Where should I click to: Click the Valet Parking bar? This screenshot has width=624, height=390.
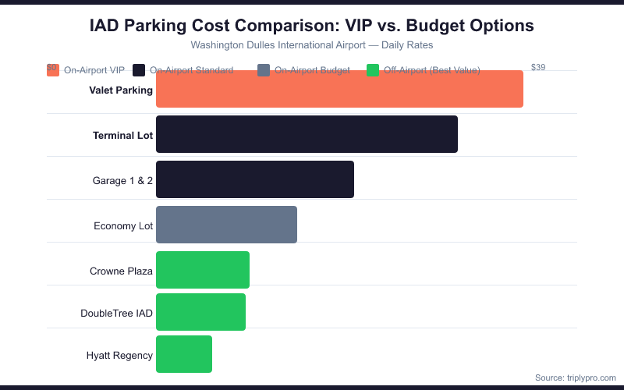click(339, 89)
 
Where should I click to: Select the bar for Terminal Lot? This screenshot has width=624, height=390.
click(307, 134)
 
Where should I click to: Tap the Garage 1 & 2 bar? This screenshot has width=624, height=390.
click(255, 179)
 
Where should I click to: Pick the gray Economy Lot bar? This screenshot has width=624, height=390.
click(226, 225)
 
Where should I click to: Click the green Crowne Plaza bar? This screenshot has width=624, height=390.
click(203, 270)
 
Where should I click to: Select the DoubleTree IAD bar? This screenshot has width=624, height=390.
click(200, 312)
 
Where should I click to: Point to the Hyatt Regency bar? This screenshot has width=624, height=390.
click(184, 354)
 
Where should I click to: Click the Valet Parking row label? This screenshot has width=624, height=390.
click(121, 90)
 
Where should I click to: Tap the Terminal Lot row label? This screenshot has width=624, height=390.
click(122, 136)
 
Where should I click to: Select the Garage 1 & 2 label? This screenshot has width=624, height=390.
click(122, 181)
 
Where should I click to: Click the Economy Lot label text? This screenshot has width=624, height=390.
click(123, 226)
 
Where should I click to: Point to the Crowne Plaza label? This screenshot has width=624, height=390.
click(121, 271)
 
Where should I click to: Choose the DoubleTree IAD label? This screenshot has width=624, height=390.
click(116, 314)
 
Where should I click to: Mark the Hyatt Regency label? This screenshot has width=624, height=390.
click(119, 356)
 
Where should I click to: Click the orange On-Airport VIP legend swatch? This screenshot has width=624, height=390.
click(53, 70)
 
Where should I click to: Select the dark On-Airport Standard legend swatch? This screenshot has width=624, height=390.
click(140, 70)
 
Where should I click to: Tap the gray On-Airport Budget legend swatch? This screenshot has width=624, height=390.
click(264, 70)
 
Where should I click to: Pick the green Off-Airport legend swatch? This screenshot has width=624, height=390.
click(373, 70)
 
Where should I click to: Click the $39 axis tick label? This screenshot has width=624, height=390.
click(538, 68)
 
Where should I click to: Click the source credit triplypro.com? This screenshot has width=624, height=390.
click(575, 378)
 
